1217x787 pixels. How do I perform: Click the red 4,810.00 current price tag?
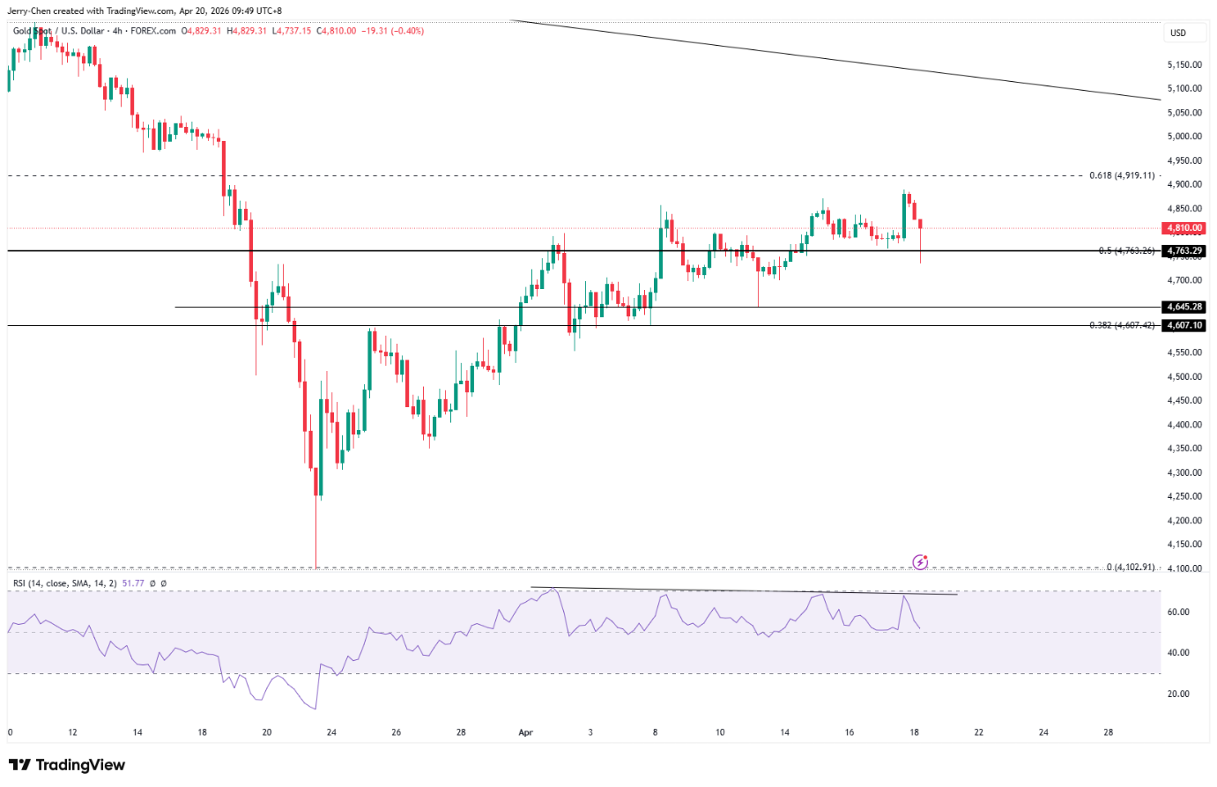pos(1184,228)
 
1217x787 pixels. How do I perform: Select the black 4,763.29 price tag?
pos(1184,251)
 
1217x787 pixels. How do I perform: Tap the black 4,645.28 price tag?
pos(1184,307)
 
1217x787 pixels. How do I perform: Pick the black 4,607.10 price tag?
pos(1184,325)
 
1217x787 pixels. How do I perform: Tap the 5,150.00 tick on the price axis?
pos(1184,64)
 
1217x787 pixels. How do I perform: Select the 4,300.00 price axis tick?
pos(1184,472)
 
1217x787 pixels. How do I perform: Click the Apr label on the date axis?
pos(526,732)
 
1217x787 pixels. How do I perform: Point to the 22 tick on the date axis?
pos(978,732)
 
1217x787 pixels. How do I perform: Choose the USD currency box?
pos(1178,33)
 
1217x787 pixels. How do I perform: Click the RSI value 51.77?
pos(132,583)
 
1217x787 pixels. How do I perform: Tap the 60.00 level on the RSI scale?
pos(1178,612)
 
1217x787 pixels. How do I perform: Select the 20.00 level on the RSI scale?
pos(1178,694)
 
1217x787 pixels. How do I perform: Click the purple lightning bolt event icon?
pos(920,561)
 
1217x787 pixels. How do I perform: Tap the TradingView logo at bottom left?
pos(67,765)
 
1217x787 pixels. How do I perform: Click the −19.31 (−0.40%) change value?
pos(395,31)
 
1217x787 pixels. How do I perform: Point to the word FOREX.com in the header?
pos(154,31)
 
